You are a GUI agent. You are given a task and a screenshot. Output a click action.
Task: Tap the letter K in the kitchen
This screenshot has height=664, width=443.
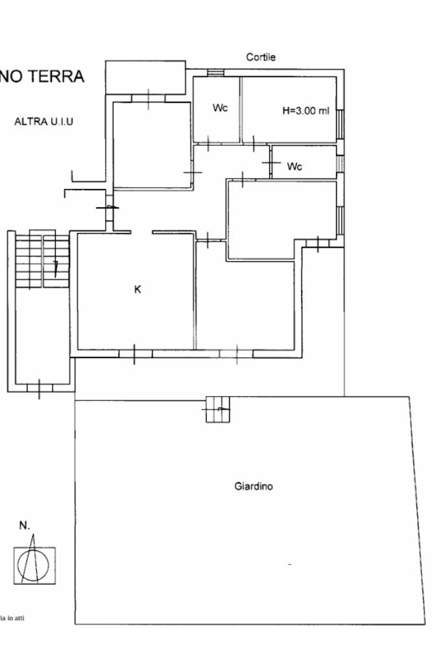[x=137, y=290]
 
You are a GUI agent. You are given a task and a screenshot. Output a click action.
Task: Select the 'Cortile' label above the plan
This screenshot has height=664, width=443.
[x=261, y=58]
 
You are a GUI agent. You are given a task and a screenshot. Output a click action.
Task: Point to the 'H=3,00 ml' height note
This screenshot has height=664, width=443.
[x=306, y=111]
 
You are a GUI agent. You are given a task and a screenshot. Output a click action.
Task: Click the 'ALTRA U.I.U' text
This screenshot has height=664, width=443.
[x=44, y=121]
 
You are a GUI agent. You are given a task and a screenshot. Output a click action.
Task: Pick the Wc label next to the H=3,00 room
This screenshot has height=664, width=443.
[x=220, y=108]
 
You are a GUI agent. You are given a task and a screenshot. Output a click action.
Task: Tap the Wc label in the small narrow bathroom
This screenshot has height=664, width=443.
[x=294, y=167]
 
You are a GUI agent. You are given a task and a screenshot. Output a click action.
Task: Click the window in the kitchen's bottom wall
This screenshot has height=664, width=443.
[x=136, y=354]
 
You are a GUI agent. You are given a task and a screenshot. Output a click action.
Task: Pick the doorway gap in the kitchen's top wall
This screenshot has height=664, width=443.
[x=142, y=232]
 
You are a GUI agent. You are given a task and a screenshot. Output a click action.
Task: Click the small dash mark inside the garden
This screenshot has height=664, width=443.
[x=289, y=565]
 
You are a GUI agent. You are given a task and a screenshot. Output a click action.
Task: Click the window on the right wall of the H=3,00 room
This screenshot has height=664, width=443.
[x=341, y=124]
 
